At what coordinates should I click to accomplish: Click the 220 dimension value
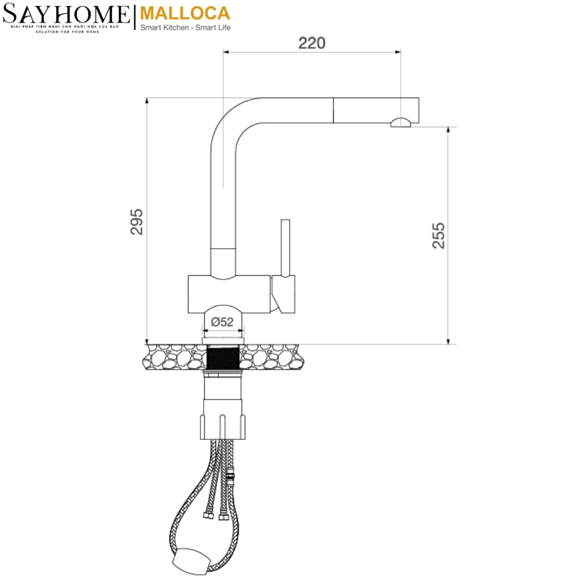[312, 43]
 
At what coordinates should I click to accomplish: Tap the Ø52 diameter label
[222, 322]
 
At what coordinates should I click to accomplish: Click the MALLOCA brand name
[185, 13]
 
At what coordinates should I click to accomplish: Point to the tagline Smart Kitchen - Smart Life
[185, 28]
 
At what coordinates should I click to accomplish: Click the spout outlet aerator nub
[401, 122]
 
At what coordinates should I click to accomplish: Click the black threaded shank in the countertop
[223, 357]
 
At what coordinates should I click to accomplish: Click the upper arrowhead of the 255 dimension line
[448, 131]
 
